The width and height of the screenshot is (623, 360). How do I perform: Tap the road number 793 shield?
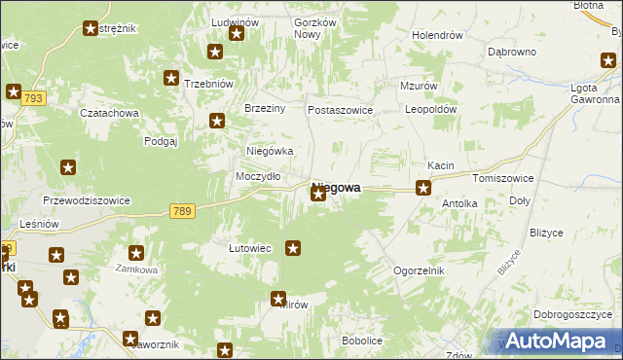tap(32, 99)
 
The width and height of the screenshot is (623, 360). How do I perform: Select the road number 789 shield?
tap(181, 210)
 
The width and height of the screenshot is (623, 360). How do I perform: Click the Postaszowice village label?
tap(341, 110)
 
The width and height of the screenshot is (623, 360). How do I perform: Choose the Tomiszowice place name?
tap(500, 179)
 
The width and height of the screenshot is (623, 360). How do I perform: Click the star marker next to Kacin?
tap(423, 188)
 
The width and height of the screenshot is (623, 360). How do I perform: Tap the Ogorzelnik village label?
tap(419, 270)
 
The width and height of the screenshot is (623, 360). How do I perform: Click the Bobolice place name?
tap(361, 341)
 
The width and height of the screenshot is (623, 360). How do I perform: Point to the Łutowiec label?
tap(249, 248)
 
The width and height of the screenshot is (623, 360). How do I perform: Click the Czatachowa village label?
tap(110, 113)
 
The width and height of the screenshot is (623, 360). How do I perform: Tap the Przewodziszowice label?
tap(87, 200)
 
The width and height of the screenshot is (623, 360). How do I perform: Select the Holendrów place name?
tap(436, 35)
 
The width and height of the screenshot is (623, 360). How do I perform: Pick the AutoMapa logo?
tap(557, 341)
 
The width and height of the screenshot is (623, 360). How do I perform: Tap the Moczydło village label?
tap(259, 176)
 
